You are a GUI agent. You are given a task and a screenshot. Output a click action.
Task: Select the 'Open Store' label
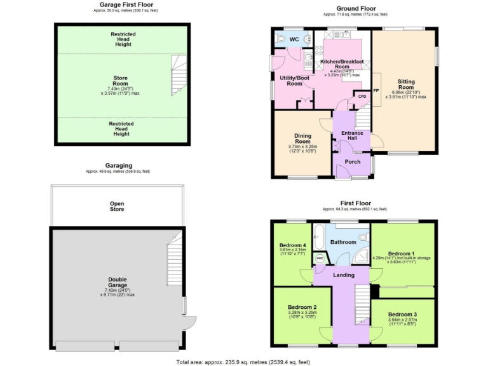[117, 206]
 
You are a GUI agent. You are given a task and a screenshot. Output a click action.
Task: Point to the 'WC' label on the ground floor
[294, 39]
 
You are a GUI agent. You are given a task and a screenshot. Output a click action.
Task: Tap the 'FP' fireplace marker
[376, 91]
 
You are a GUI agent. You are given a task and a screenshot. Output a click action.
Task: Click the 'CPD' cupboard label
[362, 97]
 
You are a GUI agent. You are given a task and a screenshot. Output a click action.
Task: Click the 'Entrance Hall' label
[352, 136]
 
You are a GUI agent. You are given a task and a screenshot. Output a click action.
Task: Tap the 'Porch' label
[352, 161]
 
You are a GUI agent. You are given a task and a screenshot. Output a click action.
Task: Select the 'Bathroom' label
[343, 242]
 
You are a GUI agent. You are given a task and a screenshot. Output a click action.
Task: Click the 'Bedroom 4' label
[293, 246]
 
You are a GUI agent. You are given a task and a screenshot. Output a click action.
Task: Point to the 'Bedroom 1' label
[401, 252]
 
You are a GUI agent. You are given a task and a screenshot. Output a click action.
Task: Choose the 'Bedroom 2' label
[302, 307]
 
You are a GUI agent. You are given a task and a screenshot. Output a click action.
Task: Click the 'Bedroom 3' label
[403, 314]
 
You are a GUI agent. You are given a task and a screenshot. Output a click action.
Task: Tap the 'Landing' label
[344, 274]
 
